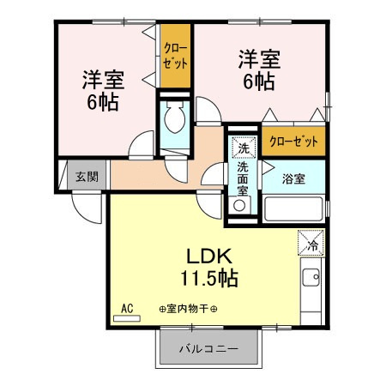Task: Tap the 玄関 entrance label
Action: coord(87,177)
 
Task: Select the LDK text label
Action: coord(208,256)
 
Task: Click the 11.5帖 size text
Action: coord(209,278)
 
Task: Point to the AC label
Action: coord(127,309)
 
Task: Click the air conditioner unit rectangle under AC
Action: coord(127,318)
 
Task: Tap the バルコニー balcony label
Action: coord(208,349)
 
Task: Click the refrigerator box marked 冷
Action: coord(311,243)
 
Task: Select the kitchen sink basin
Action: coord(311,277)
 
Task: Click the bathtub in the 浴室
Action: coord(293,209)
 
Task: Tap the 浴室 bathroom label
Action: coord(293,178)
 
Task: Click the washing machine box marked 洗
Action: coord(244,148)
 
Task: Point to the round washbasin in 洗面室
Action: coord(239,205)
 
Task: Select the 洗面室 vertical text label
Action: coord(243,178)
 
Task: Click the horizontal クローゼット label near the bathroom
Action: coord(293,142)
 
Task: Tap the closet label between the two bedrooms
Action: coord(175,56)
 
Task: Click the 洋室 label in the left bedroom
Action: coord(103,80)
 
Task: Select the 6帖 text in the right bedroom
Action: coord(259,81)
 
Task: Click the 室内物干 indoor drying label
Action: coord(188,309)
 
